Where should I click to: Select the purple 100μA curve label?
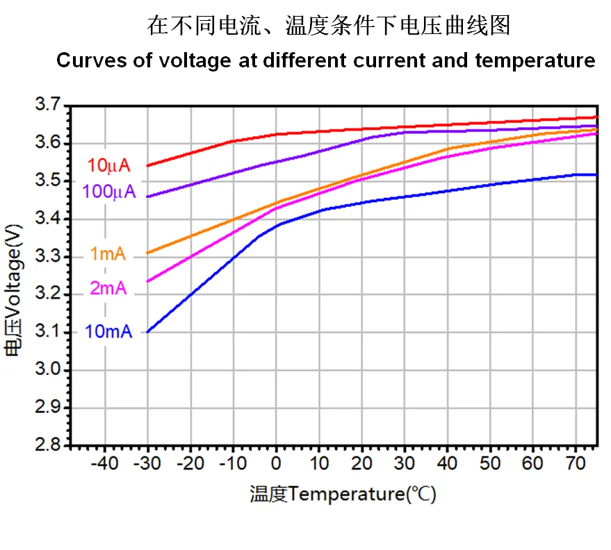click(x=109, y=192)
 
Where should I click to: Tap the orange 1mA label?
click(x=108, y=255)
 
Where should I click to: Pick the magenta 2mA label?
click(x=108, y=287)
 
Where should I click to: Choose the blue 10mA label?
click(x=108, y=331)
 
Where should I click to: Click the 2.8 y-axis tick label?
click(x=47, y=445)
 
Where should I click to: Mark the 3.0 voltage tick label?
click(x=47, y=370)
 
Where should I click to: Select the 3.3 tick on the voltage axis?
click(x=47, y=257)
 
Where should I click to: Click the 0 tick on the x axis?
click(x=276, y=462)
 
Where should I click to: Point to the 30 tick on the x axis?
click(x=405, y=462)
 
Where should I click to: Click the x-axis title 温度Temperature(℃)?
click(x=343, y=494)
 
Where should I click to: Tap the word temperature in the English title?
click(x=535, y=60)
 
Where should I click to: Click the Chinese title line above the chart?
click(x=329, y=26)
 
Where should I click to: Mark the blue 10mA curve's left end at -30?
click(x=147, y=332)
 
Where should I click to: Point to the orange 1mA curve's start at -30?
click(x=147, y=253)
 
